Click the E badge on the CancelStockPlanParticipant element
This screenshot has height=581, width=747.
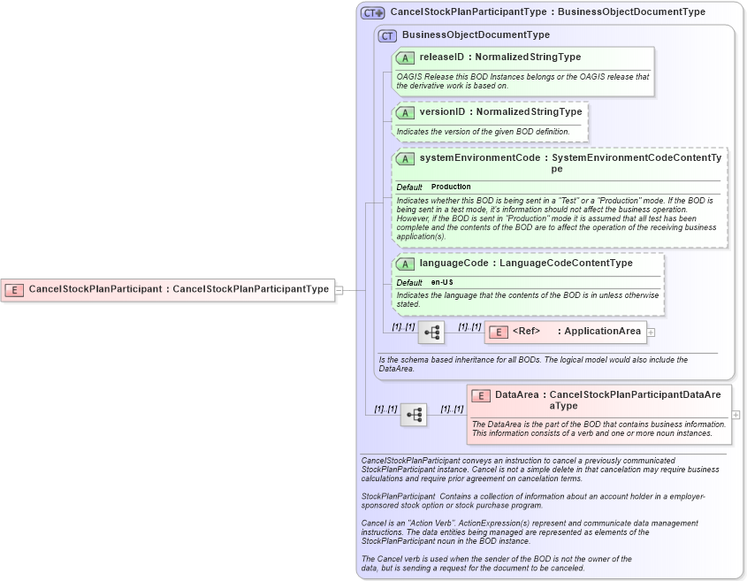point(15,289)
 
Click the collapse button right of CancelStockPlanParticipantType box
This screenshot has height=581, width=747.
point(339,289)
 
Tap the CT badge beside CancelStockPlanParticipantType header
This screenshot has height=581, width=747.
point(372,12)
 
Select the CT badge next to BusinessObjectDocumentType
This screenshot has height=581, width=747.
point(387,35)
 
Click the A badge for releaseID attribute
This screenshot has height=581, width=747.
point(405,57)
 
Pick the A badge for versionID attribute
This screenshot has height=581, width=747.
point(405,112)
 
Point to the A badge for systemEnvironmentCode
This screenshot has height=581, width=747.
point(405,158)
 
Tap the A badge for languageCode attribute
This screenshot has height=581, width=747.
point(405,264)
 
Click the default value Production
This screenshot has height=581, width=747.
point(451,187)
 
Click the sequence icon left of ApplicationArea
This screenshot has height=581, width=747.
point(431,333)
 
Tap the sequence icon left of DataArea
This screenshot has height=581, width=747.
point(413,414)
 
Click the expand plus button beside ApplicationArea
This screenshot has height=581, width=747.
point(652,332)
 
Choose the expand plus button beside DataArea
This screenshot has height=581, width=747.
point(736,414)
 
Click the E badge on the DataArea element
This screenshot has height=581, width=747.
point(481,395)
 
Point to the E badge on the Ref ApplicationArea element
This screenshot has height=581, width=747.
point(499,332)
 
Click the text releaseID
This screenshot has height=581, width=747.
point(441,57)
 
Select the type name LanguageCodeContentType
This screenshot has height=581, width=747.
point(566,264)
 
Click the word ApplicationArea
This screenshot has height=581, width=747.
point(602,332)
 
